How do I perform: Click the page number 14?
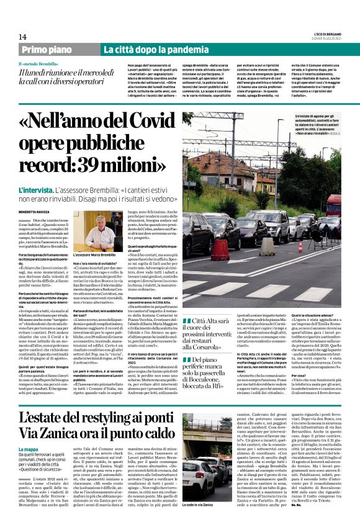22,37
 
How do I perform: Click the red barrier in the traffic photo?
220,250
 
